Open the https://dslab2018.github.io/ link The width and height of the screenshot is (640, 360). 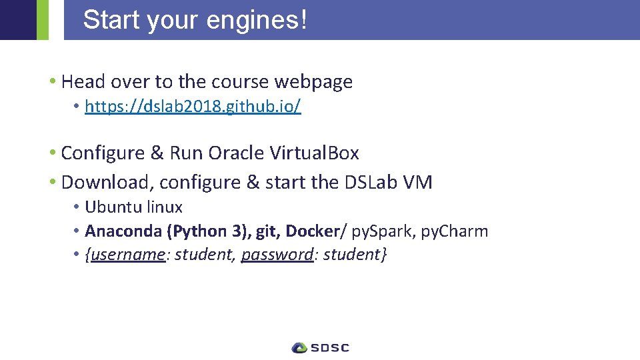(x=193, y=107)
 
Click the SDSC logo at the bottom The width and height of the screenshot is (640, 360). (x=321, y=347)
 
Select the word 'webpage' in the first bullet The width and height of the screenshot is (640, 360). (x=313, y=82)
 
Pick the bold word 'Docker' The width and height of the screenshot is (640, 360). (x=313, y=231)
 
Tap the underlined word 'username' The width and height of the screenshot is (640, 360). (x=127, y=255)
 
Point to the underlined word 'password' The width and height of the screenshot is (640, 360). (x=277, y=255)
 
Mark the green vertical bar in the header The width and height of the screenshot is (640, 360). (x=43, y=20)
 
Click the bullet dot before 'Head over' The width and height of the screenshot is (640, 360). (x=52, y=82)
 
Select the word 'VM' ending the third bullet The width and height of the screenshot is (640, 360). (x=419, y=182)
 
